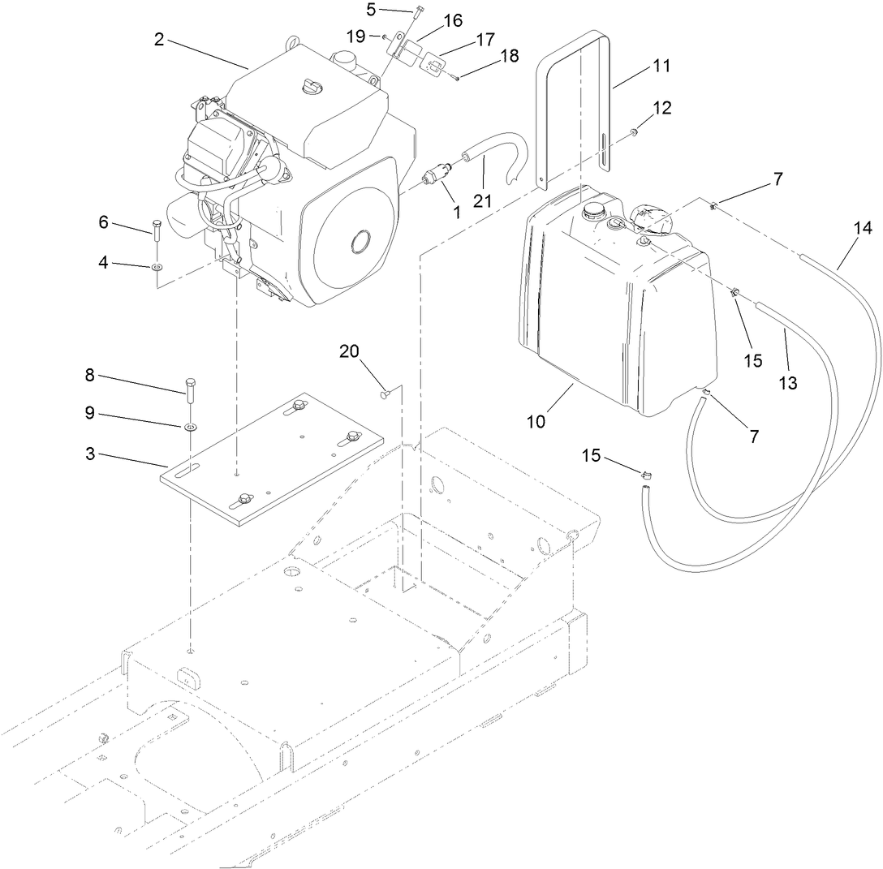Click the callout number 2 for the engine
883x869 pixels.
coord(159,39)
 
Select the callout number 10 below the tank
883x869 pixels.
coord(537,422)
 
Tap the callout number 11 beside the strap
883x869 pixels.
coord(661,66)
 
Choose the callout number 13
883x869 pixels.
coord(788,384)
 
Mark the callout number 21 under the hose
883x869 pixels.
coord(484,200)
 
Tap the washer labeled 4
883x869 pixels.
coord(156,265)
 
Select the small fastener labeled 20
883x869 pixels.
coord(386,394)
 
